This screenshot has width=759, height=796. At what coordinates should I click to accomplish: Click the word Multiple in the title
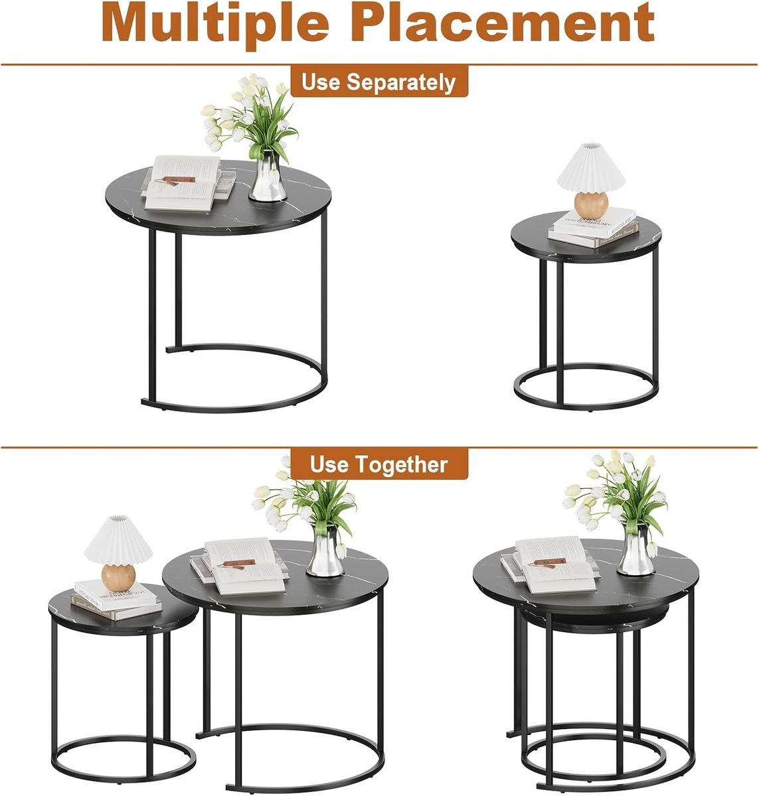(215, 23)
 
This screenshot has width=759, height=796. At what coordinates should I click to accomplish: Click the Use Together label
(379, 464)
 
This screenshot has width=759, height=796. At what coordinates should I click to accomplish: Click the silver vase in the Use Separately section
(268, 176)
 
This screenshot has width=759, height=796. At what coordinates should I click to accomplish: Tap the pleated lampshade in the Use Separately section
(591, 167)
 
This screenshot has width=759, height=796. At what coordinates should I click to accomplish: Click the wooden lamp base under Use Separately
(592, 205)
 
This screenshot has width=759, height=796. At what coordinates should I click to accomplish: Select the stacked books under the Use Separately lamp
(593, 228)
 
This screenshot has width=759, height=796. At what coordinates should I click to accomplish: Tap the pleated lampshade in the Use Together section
(118, 540)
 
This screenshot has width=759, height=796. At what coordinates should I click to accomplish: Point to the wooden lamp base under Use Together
(118, 577)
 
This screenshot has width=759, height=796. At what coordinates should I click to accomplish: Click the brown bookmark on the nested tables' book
(548, 563)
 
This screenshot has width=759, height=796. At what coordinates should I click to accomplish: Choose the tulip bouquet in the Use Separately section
(250, 115)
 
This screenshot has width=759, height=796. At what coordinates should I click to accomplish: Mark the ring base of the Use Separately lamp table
(586, 387)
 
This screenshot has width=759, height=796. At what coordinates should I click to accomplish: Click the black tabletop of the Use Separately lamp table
(586, 239)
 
